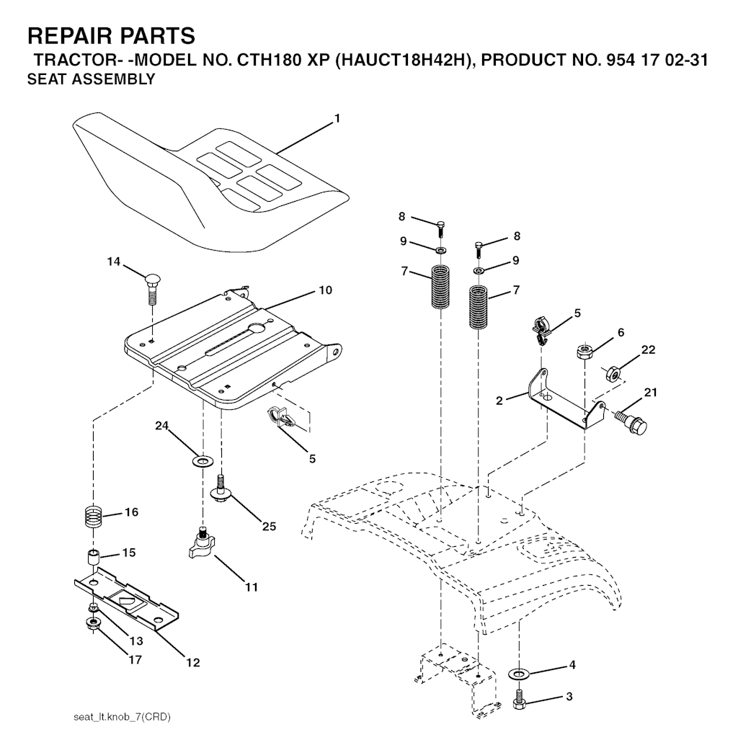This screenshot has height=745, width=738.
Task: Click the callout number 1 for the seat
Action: pyautogui.click(x=337, y=118)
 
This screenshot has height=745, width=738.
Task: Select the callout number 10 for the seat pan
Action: pyautogui.click(x=325, y=290)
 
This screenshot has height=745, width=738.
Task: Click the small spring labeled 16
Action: pyautogui.click(x=94, y=515)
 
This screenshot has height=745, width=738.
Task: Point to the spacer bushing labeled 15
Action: pyautogui.click(x=93, y=556)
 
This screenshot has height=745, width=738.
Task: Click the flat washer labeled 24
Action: pyautogui.click(x=203, y=460)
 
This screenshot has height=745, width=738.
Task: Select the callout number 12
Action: pyautogui.click(x=193, y=662)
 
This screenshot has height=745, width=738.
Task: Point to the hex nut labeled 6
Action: pyautogui.click(x=584, y=352)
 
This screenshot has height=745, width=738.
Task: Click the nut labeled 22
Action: pyautogui.click(x=612, y=373)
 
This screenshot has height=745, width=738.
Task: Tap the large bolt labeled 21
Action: pyautogui.click(x=631, y=420)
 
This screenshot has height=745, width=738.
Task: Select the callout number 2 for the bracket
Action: pyautogui.click(x=499, y=401)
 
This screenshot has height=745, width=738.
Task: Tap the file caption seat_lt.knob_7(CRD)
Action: pyautogui.click(x=122, y=717)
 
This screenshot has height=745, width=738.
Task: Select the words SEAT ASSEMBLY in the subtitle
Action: pyautogui.click(x=92, y=79)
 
